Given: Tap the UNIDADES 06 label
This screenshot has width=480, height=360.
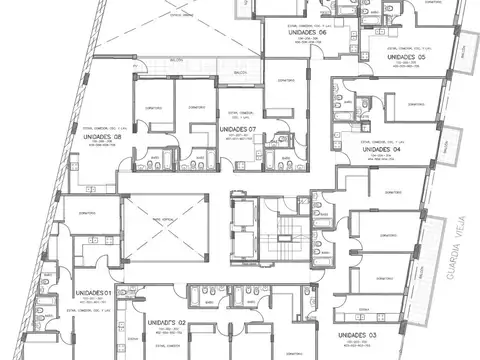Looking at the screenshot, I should pos(307,32).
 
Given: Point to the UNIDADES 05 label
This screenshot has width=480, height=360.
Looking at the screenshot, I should pos(407,57).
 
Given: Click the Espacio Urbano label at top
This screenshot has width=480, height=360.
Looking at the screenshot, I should pos(182,16).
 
